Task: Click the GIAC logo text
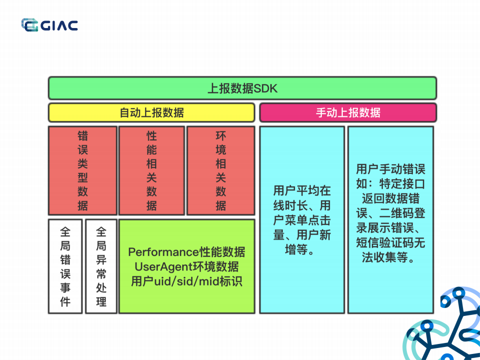coord(59,25)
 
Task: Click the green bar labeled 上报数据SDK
coord(242,89)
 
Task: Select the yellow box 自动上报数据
coord(151,112)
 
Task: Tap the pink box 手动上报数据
coord(348,112)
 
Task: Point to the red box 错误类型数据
coord(83,171)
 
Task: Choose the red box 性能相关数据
coord(152,171)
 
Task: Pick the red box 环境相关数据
coord(221,171)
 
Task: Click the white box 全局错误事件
coord(65,266)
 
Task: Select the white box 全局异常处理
coord(101,266)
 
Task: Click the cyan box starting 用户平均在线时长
coord(302,220)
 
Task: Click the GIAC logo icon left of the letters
coord(30,25)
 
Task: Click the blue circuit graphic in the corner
coord(445,325)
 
